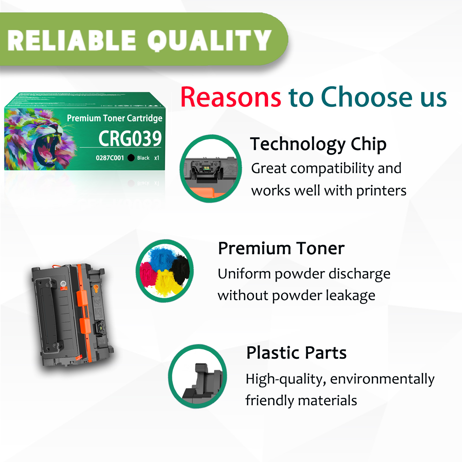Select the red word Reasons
pyautogui.click(x=231, y=98)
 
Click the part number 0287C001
pyautogui.click(x=110, y=158)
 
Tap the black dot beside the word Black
pyautogui.click(x=131, y=158)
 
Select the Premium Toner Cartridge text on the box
pyautogui.click(x=115, y=118)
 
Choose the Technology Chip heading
pyautogui.click(x=318, y=144)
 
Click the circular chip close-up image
pyautogui.click(x=211, y=169)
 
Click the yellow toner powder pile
pyautogui.click(x=166, y=283)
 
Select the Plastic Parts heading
pyautogui.click(x=296, y=353)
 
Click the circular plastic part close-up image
pyautogui.click(x=198, y=376)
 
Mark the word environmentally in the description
pyautogui.click(x=382, y=379)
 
